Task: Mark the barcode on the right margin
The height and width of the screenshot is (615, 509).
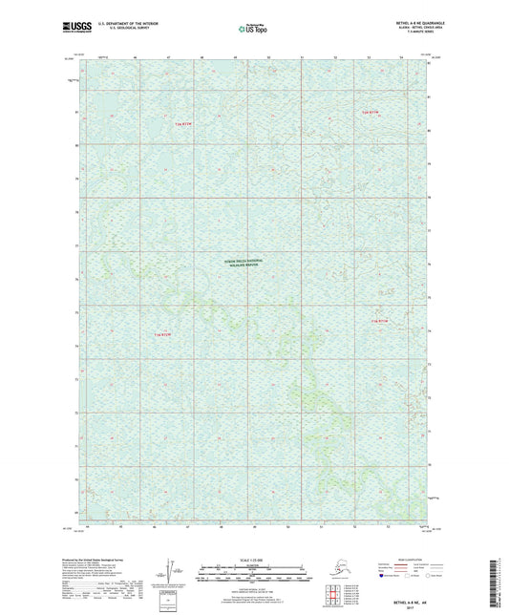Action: (x=500, y=578)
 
